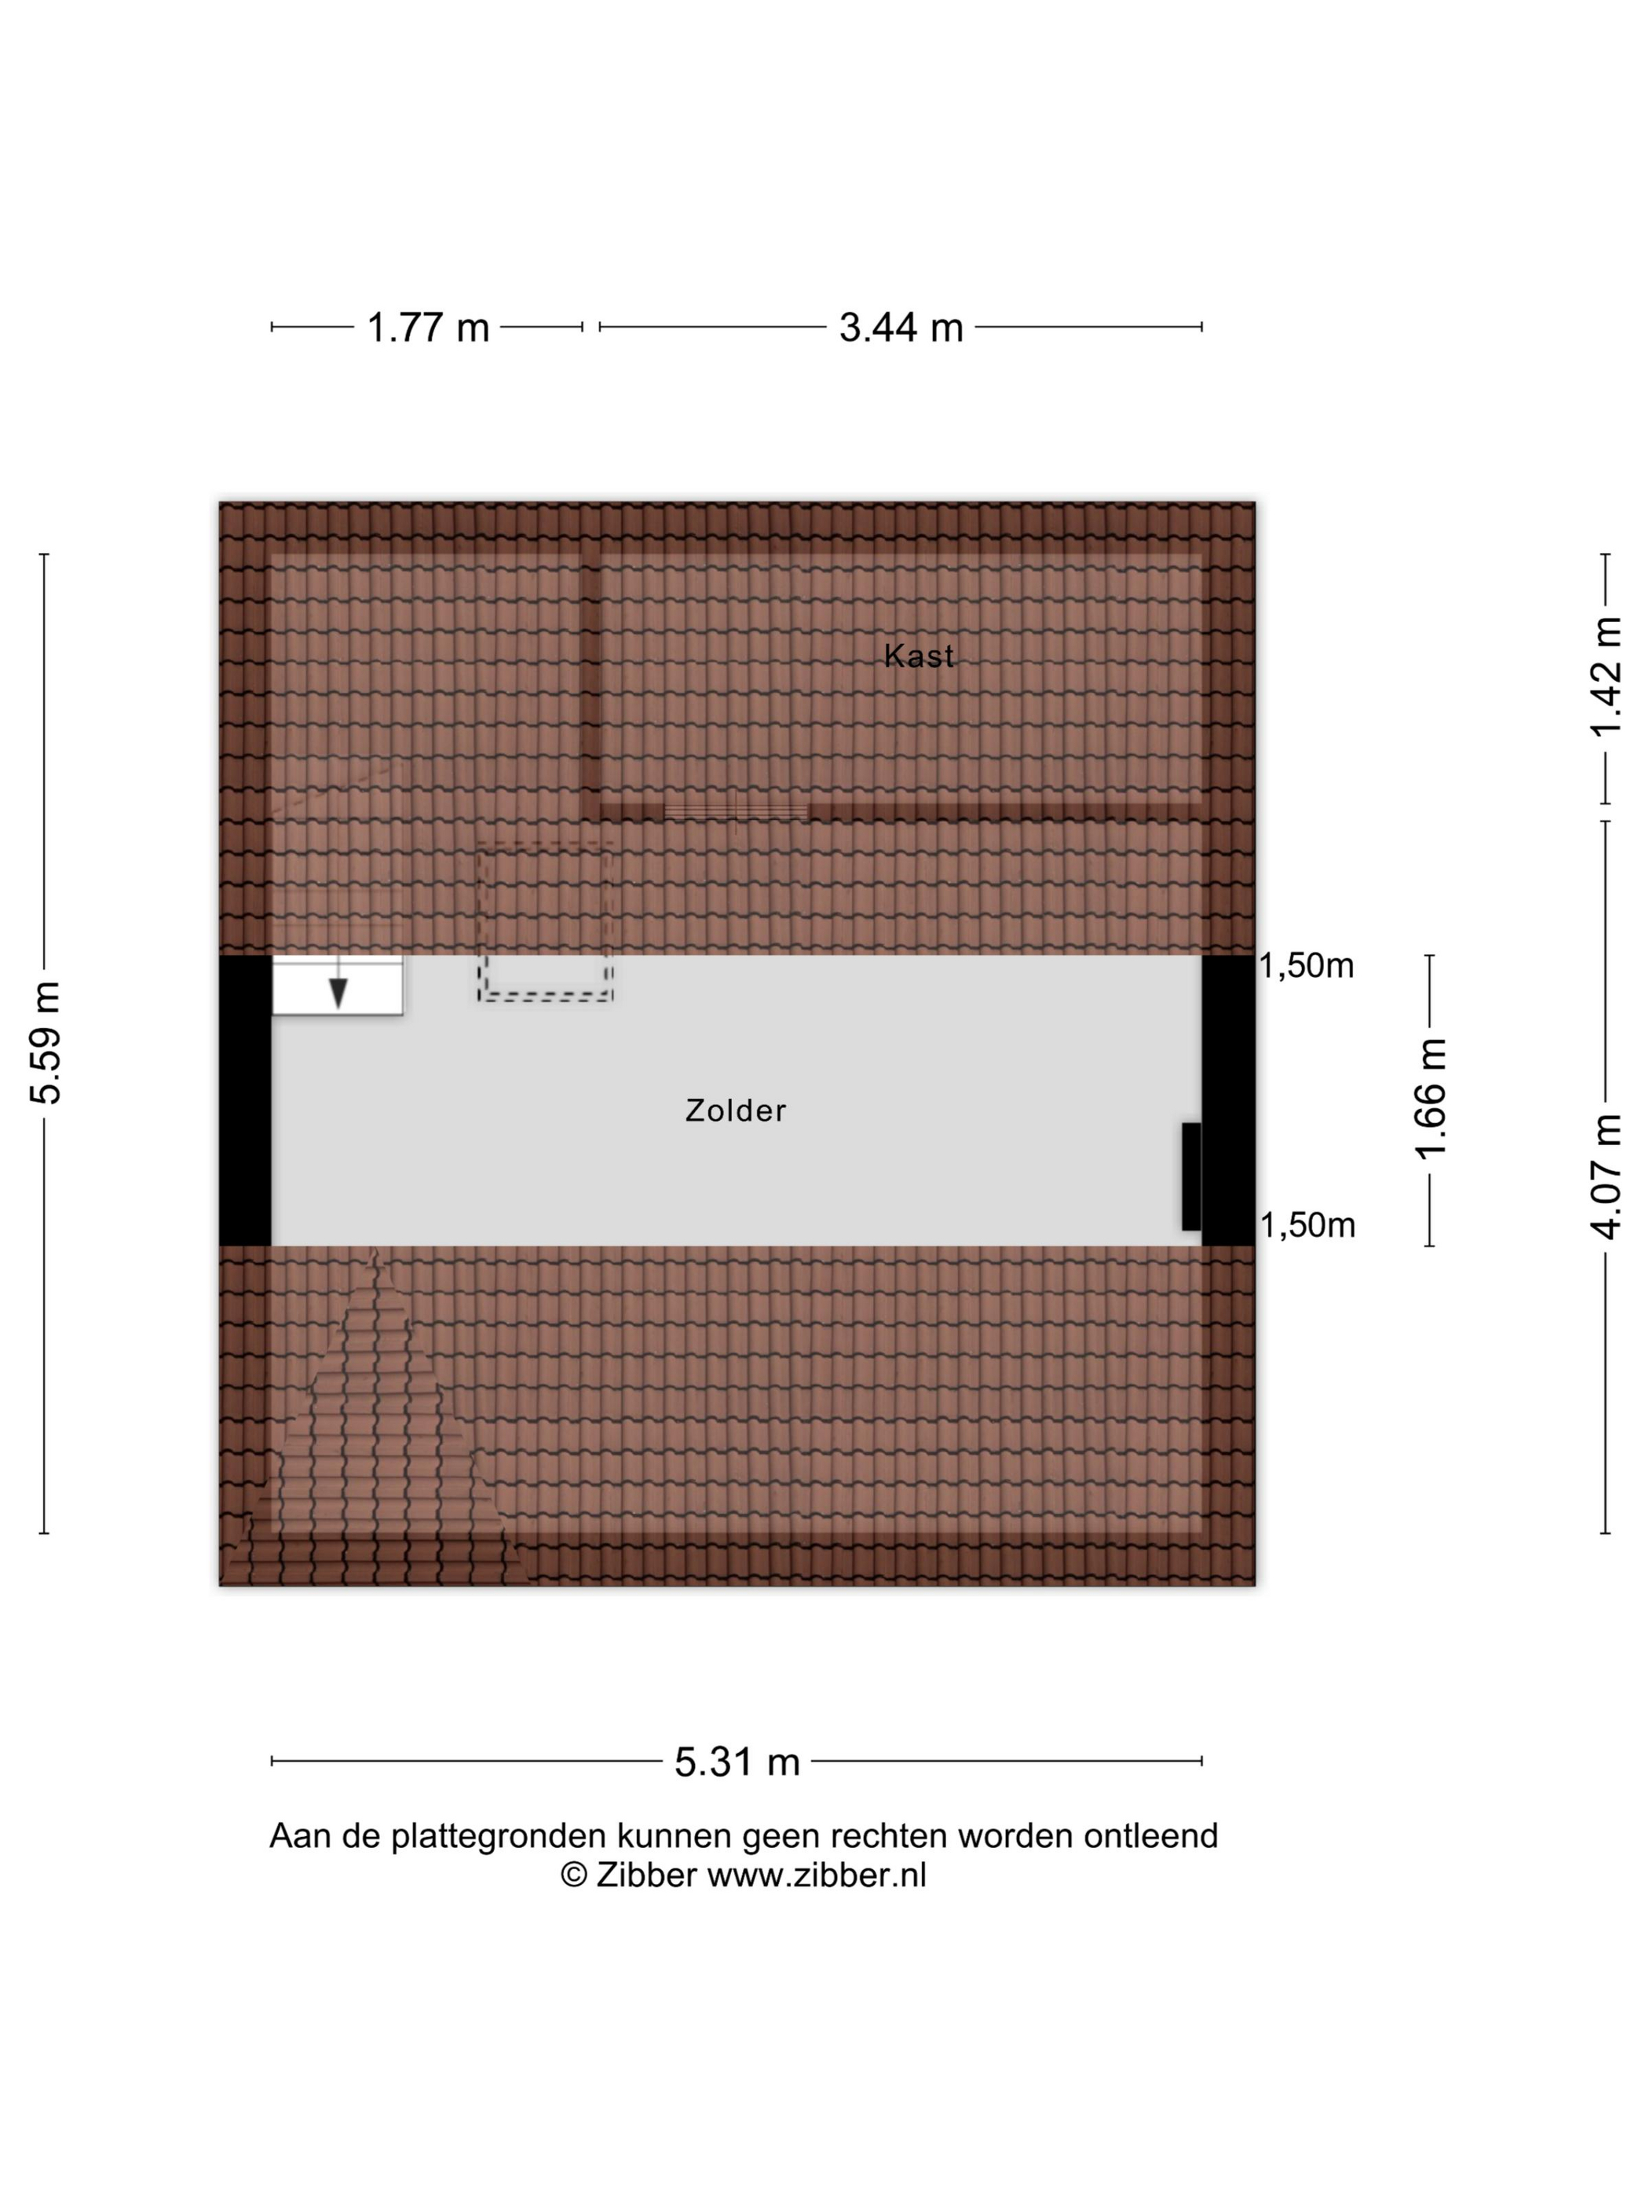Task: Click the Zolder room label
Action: point(736,1110)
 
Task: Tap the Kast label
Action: point(920,656)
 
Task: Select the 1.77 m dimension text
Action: point(429,327)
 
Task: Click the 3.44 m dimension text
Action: point(901,327)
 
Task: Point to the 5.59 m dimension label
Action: point(46,1043)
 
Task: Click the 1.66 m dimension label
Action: point(1431,1099)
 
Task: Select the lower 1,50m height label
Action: point(1308,1226)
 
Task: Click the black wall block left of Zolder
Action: point(244,1100)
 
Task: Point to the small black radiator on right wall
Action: point(1190,1176)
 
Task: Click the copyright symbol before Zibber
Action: point(573,1875)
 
